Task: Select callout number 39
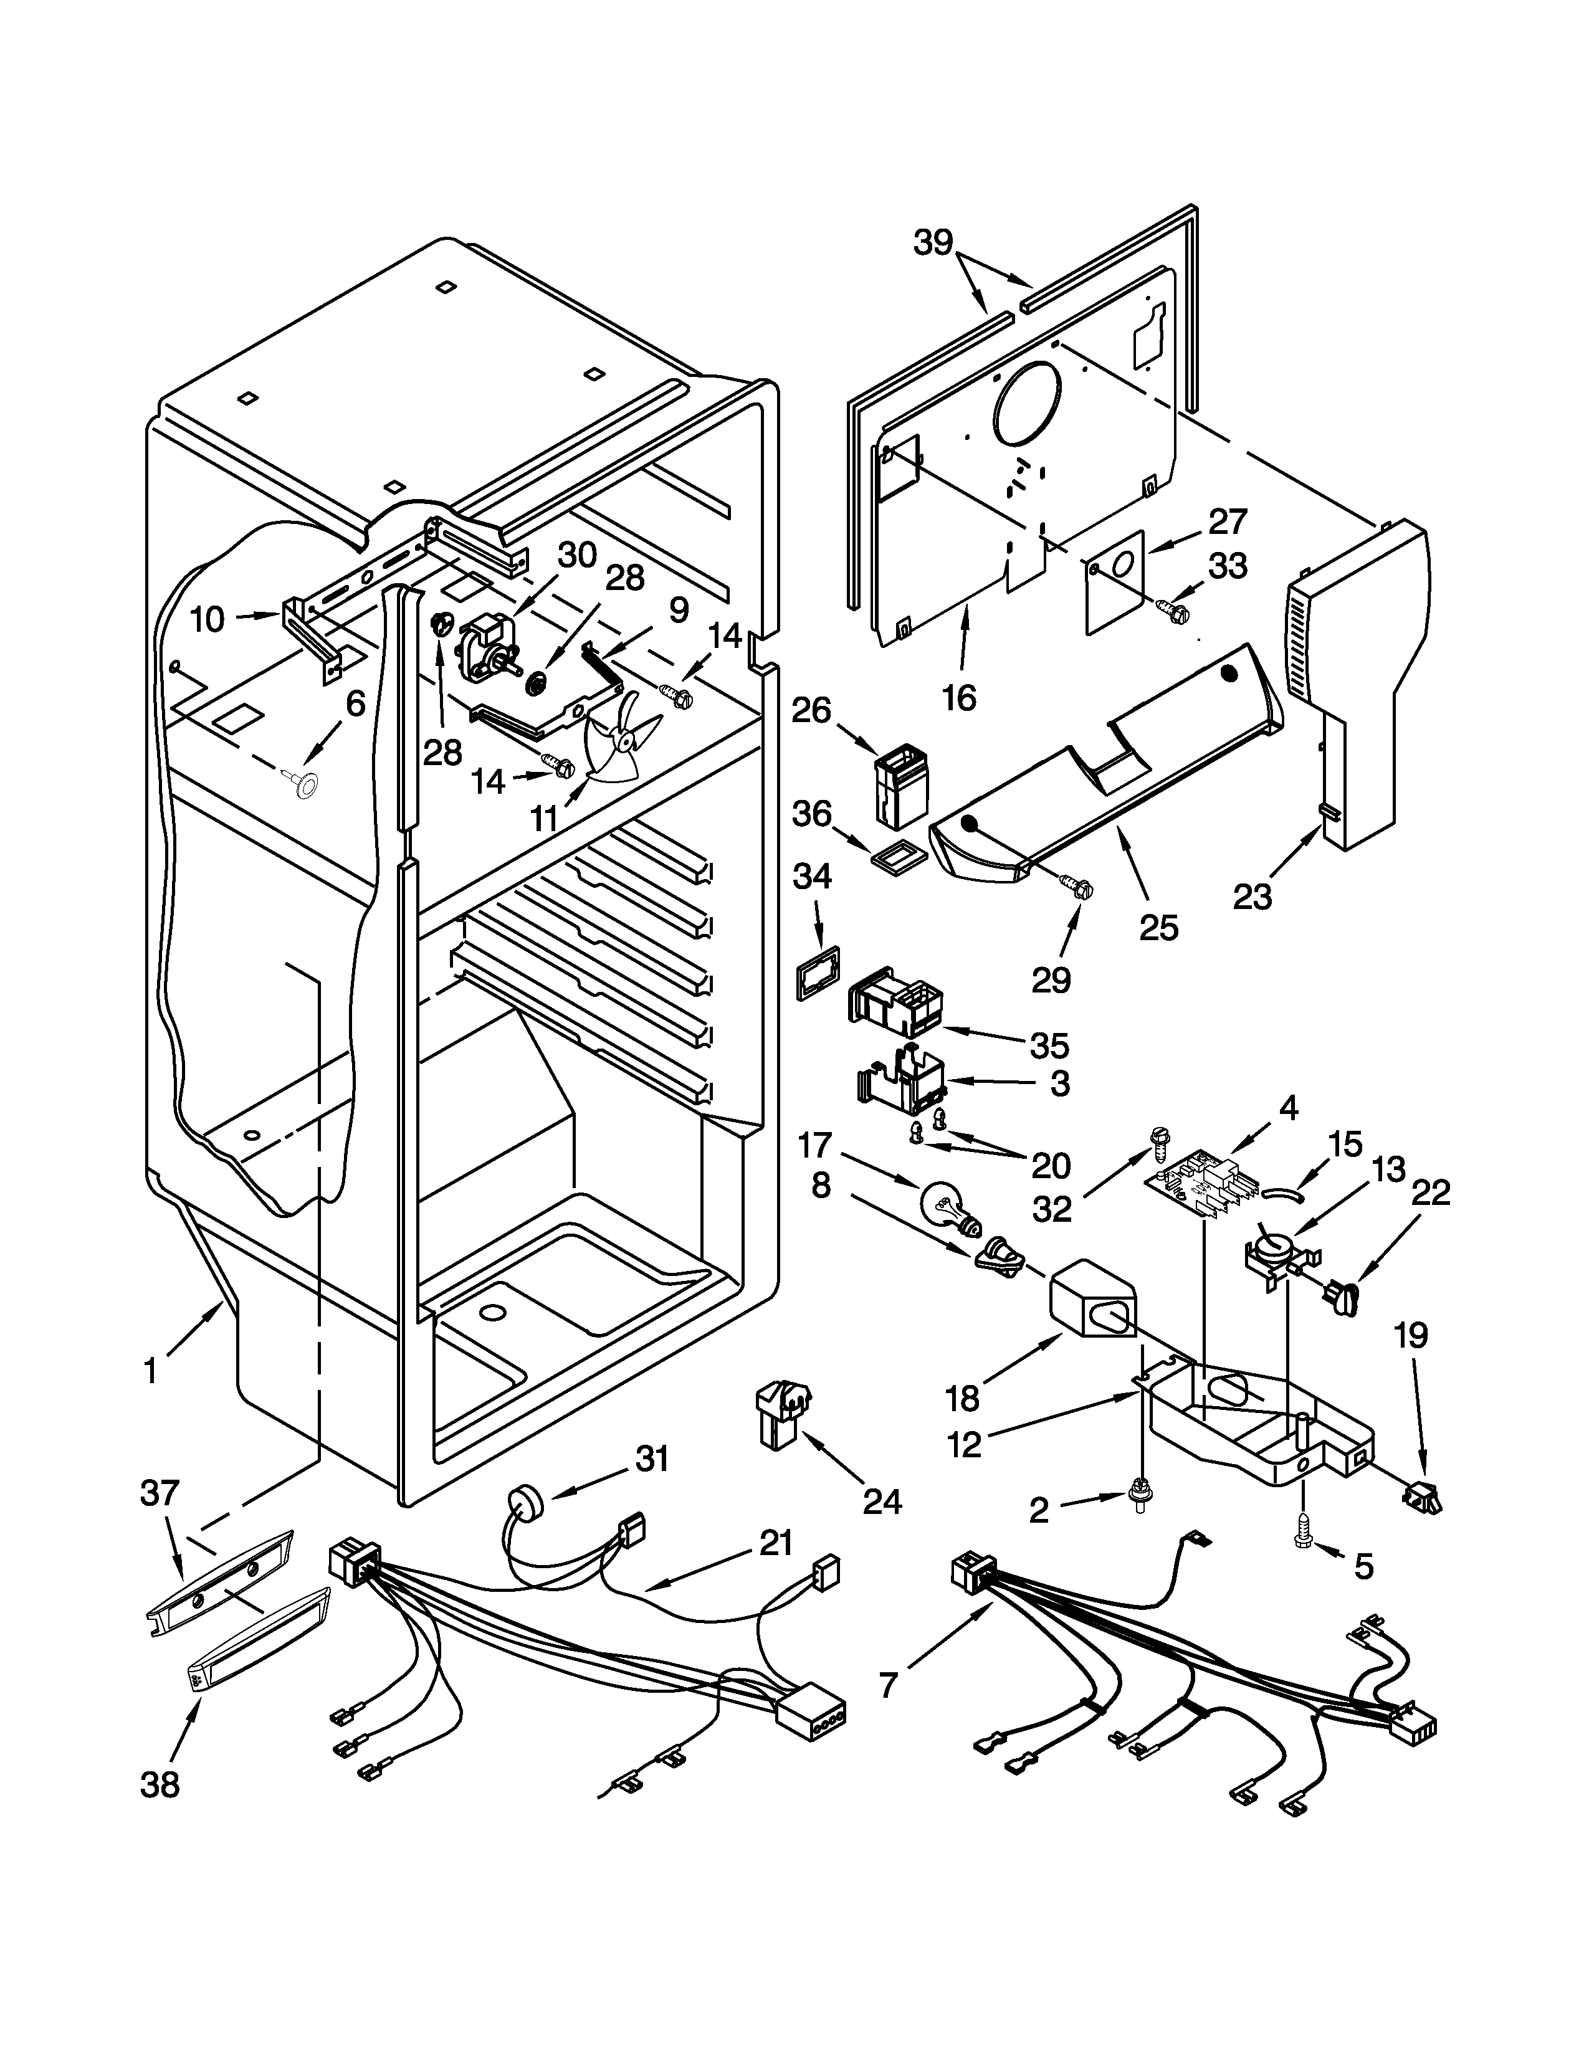click(x=934, y=243)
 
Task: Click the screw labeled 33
click(x=1172, y=612)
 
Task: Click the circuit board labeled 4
click(x=1196, y=1188)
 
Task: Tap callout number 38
click(x=160, y=1782)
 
